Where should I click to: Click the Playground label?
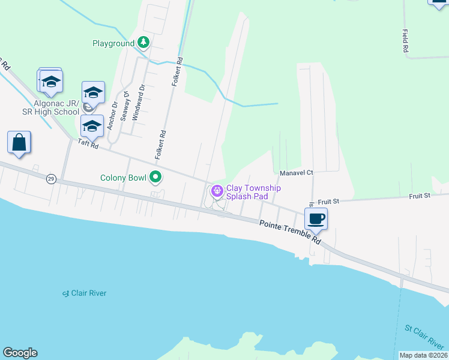(x=113, y=43)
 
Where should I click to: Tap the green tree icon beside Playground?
(x=143, y=43)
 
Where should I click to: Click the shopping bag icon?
(x=19, y=143)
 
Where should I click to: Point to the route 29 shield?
(x=51, y=179)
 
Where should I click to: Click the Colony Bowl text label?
(x=124, y=178)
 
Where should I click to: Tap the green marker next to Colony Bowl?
(x=156, y=177)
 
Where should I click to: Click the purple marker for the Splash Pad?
(x=216, y=192)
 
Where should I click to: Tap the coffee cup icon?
(x=316, y=218)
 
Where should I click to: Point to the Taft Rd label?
(x=87, y=144)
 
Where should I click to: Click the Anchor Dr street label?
(x=112, y=115)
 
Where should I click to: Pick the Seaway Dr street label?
(x=125, y=106)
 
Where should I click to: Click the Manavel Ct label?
(x=297, y=173)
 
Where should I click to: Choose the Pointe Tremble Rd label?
(x=290, y=231)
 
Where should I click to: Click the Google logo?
(x=20, y=353)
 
